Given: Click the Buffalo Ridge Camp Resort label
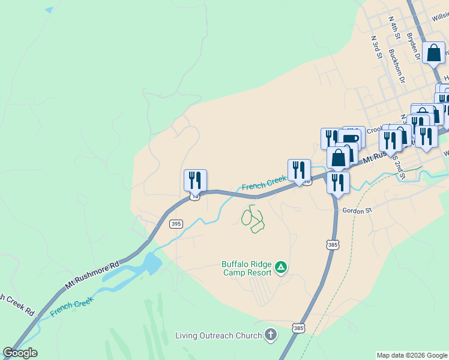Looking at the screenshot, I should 246,268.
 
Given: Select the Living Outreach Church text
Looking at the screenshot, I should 218,335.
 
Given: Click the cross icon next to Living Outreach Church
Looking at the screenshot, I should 271,335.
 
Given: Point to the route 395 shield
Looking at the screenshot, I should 176,224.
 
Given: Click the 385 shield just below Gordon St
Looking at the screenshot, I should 333,244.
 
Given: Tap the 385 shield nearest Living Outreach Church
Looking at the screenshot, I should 298,328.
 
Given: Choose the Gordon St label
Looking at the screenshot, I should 357,211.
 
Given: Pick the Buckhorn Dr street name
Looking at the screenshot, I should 397,66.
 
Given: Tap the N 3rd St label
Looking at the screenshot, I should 376,47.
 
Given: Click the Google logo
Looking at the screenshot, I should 20,353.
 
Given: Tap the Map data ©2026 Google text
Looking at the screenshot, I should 412,355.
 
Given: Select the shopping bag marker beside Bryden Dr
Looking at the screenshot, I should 433,52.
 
